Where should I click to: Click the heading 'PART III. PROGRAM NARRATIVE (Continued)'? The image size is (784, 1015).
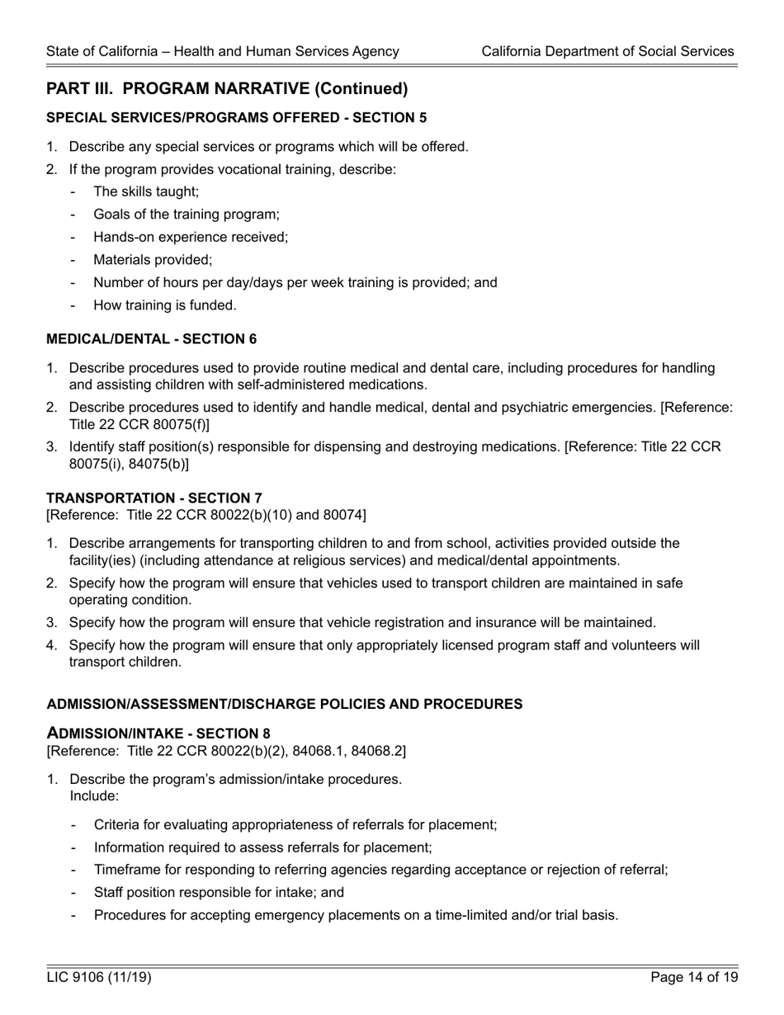(227, 88)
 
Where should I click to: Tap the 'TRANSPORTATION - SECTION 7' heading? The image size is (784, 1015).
(154, 498)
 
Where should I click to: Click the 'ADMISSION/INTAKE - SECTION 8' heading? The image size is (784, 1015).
(158, 733)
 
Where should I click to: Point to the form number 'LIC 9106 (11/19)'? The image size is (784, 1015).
(99, 978)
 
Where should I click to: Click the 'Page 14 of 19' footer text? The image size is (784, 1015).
(694, 978)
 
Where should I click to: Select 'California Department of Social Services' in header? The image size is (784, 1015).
(607, 51)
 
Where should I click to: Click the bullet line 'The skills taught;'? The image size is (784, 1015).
(146, 191)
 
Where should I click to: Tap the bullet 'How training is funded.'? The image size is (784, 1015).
(165, 305)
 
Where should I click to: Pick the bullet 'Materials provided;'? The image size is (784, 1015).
(153, 260)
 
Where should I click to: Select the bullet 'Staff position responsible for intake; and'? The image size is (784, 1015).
(219, 892)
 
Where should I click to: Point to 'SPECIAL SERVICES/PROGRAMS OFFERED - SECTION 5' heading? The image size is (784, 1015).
(237, 117)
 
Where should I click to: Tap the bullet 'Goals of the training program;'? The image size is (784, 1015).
(187, 215)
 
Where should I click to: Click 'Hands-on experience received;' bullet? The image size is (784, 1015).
(191, 237)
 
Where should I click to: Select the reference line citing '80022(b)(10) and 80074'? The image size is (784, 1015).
(206, 515)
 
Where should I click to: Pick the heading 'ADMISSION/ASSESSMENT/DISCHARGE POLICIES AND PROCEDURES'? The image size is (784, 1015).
(285, 704)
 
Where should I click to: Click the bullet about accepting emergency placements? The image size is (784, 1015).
(356, 915)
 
